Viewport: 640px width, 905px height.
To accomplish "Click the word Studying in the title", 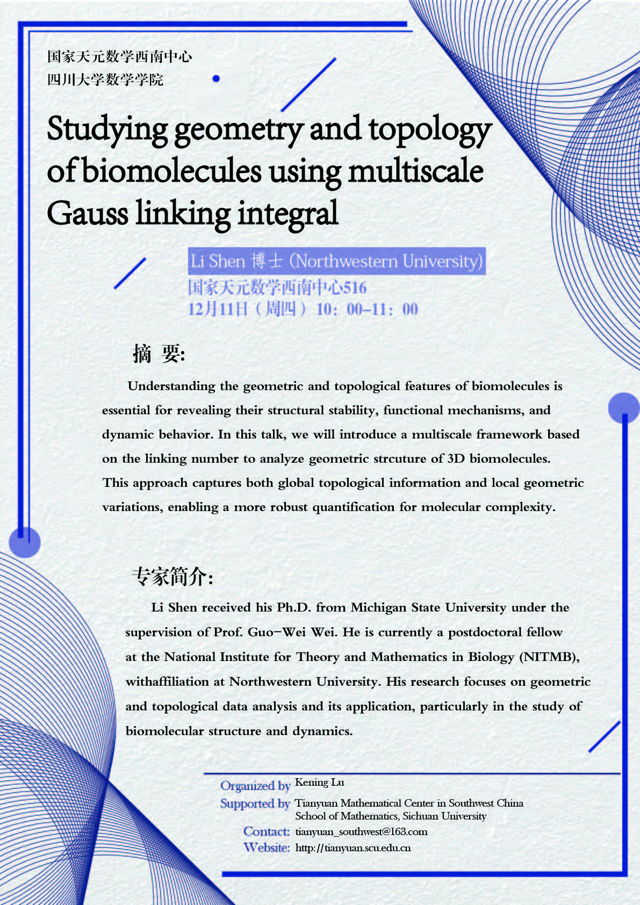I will tap(107, 130).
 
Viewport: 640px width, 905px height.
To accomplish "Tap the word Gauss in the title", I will tap(87, 213).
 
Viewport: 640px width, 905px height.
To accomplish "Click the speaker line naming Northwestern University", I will tap(336, 261).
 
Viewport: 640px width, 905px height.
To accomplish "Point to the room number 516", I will tap(355, 288).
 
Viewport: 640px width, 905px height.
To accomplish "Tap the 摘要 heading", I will tap(159, 354).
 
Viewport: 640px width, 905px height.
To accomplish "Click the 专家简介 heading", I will tap(172, 577).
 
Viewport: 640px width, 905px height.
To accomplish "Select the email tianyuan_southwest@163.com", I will tap(361, 831).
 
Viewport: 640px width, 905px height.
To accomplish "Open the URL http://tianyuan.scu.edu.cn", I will tap(353, 848).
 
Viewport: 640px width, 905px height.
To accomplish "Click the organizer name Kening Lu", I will tap(319, 782).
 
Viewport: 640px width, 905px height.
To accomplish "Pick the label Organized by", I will tap(255, 786).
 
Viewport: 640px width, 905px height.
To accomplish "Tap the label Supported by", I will tap(255, 803).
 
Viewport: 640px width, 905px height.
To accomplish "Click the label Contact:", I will tap(267, 831).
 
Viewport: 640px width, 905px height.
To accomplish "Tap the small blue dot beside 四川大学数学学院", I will tap(216, 78).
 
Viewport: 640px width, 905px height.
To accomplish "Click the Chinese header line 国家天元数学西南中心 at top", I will tap(119, 56).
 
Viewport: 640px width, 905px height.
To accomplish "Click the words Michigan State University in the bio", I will tap(428, 607).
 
